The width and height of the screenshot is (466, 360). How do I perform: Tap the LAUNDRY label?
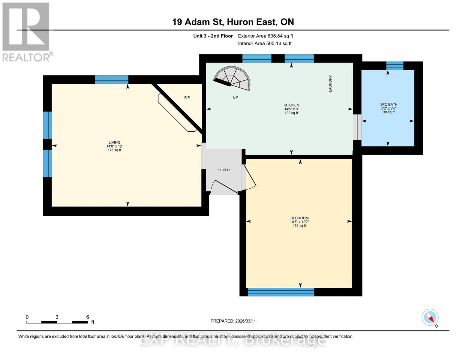tap(330, 84)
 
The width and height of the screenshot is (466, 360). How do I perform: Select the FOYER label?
tap(224, 170)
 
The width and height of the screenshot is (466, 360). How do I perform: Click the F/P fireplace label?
tap(187, 97)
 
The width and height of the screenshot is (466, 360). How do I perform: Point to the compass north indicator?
tap(430, 318)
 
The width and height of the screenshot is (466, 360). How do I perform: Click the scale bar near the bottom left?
tap(57, 322)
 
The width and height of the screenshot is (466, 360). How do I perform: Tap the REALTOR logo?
tap(26, 32)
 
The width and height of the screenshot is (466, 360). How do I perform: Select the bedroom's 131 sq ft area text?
tap(299, 226)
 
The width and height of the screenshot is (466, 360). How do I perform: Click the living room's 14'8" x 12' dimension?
tap(114, 146)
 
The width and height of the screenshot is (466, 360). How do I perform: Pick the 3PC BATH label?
tap(389, 104)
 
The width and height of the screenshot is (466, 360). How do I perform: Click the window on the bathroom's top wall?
tap(395, 65)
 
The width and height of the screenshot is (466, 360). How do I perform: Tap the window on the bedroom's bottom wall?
tap(281, 292)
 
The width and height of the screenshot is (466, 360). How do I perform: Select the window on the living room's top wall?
tap(112, 79)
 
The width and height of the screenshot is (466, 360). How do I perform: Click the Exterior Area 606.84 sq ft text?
tap(265, 36)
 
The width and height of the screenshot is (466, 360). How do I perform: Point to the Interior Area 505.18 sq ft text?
tap(265, 43)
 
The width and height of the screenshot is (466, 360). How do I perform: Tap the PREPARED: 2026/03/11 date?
tap(233, 321)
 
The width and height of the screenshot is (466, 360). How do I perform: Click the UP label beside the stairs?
tap(235, 97)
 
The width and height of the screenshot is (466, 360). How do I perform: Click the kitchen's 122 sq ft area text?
tap(291, 113)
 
